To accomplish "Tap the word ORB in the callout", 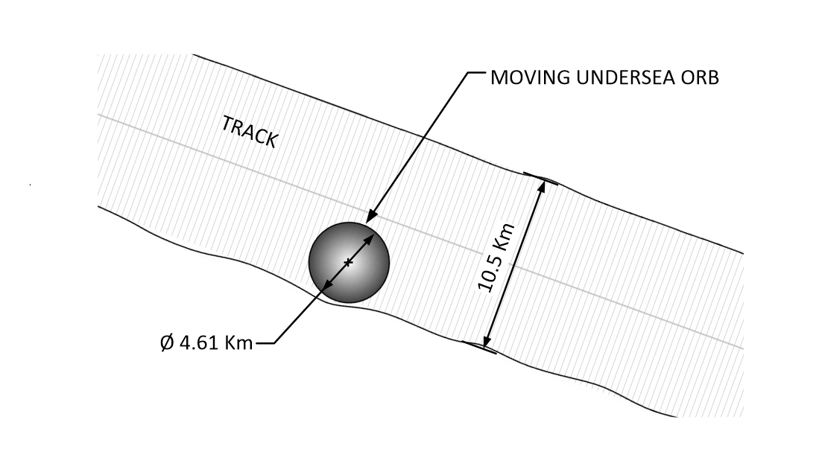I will [701, 78].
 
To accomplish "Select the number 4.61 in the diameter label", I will [196, 343].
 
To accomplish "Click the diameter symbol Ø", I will [167, 343].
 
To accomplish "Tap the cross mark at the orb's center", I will [348, 262].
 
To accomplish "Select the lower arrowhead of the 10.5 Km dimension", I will [487, 342].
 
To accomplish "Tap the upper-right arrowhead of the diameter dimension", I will [370, 239].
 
